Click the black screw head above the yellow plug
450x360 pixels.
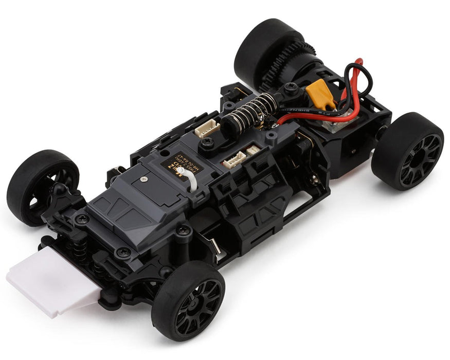(x=291, y=88)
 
